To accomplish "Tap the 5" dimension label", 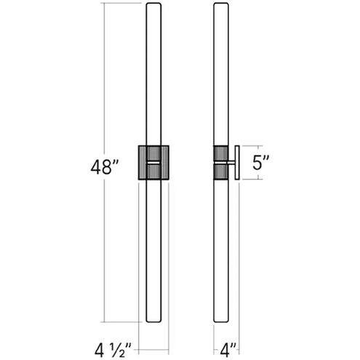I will pos(261,163).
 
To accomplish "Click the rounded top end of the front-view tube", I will pos(153,7).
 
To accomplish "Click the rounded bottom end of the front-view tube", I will pos(153,319).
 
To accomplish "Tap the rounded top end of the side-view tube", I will pos(220,7).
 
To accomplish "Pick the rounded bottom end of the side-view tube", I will pos(220,319).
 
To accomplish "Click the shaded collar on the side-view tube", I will pos(220,163).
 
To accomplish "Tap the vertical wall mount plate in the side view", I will pos(236,163).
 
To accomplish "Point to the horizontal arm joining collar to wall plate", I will pos(231,163).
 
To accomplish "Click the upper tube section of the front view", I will pos(153,73).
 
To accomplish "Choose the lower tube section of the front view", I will pos(153,247).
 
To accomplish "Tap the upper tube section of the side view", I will pos(220,73).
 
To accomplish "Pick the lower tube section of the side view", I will pos(220,247).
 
